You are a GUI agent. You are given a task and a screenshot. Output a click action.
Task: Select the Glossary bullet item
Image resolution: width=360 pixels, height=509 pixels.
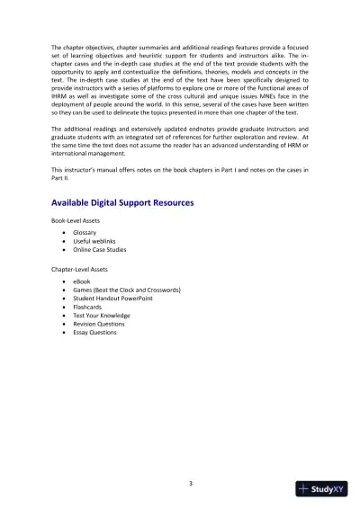point(86,233)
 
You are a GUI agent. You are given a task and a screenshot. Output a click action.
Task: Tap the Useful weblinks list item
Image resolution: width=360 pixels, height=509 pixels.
point(95,242)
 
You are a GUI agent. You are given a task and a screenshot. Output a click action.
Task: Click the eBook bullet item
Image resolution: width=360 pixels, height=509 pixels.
point(83,282)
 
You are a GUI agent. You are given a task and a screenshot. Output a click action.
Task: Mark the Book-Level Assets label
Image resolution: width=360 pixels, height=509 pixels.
point(77,220)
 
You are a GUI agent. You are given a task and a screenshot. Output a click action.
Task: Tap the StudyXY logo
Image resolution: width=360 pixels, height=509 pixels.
point(321,489)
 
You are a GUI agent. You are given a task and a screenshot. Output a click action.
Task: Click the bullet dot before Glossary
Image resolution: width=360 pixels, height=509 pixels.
point(63,233)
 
